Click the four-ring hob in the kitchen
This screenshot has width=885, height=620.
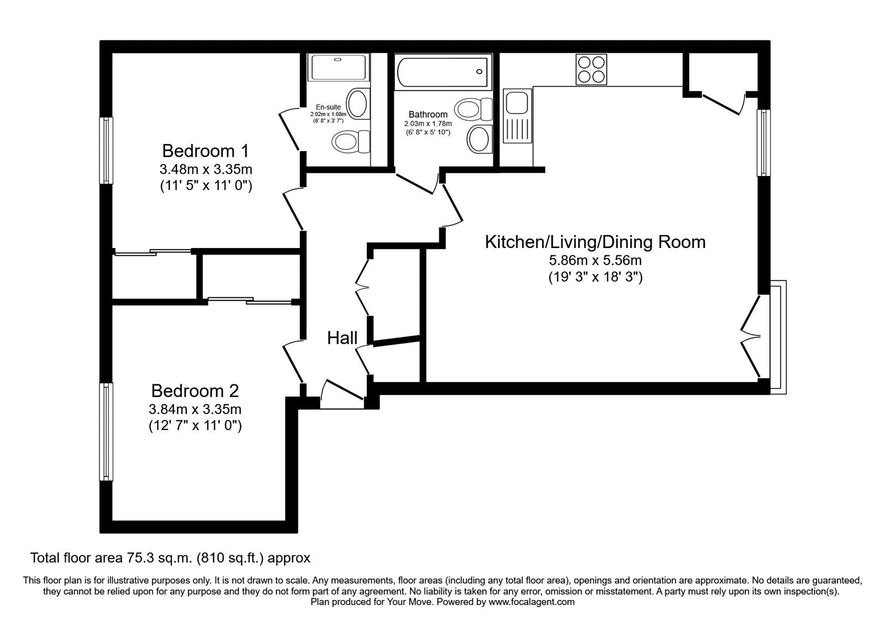pyautogui.click(x=591, y=70)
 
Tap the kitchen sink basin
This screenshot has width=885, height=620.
pyautogui.click(x=517, y=102)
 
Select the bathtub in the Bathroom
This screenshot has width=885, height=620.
pyautogui.click(x=443, y=72)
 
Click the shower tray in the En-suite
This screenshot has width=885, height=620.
pyautogui.click(x=339, y=68)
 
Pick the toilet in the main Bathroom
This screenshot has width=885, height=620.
pyautogui.click(x=473, y=109)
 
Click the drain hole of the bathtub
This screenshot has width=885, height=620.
pyautogui.click(x=479, y=71)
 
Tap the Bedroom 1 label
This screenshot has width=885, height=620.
pyautogui.click(x=205, y=151)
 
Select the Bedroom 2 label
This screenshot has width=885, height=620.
pyautogui.click(x=195, y=391)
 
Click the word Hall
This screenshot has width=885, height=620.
pyautogui.click(x=342, y=338)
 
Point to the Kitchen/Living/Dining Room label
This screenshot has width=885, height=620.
pyautogui.click(x=595, y=242)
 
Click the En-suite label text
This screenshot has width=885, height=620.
pyautogui.click(x=328, y=107)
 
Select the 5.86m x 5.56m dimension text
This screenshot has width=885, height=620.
pyautogui.click(x=595, y=260)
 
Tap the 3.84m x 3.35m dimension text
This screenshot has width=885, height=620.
pyautogui.click(x=195, y=409)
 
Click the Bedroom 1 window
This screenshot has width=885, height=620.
pyautogui.click(x=106, y=151)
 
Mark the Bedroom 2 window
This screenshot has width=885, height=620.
pyautogui.click(x=106, y=432)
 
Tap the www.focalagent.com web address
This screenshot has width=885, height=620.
pyautogui.click(x=532, y=602)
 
